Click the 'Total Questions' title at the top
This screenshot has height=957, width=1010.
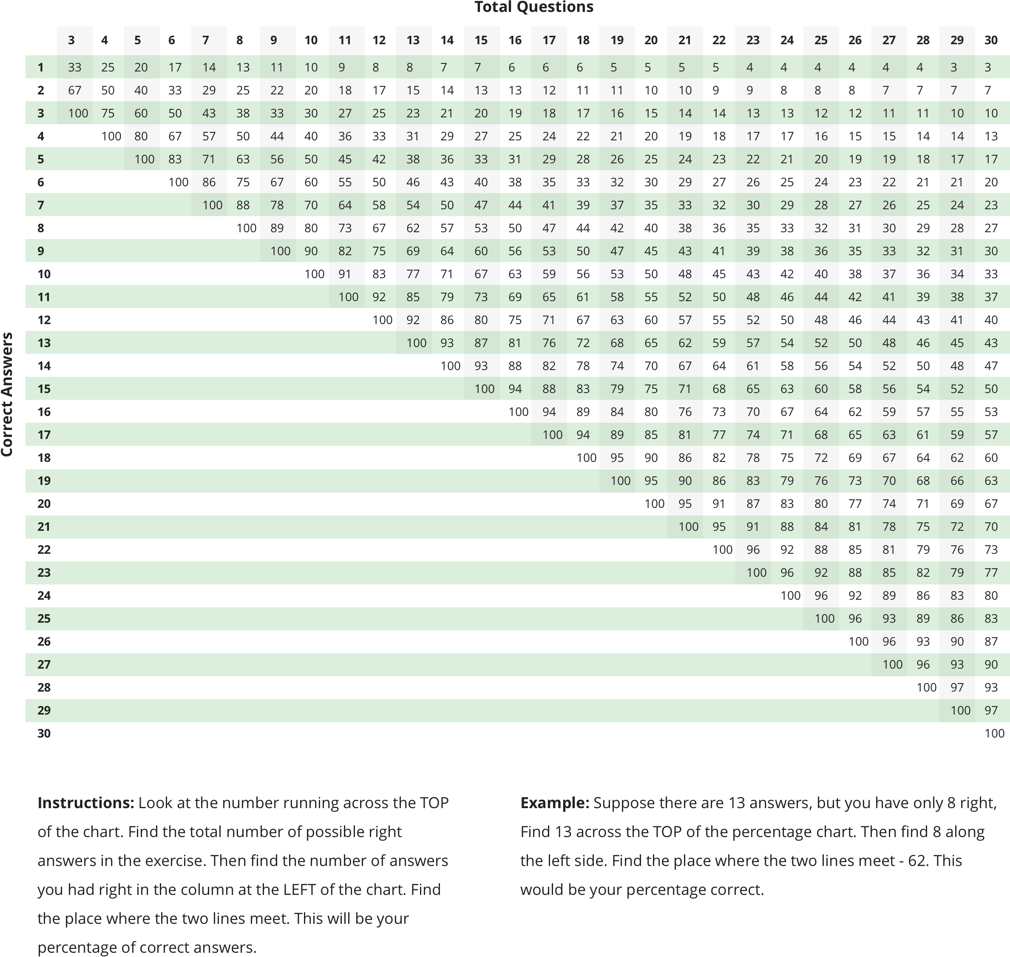(534, 7)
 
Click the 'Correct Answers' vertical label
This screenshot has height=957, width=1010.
(7, 394)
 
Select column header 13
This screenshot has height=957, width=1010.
(413, 40)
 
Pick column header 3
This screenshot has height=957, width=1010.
(71, 40)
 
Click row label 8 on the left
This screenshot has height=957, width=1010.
(40, 228)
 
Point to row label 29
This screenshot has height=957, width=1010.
(44, 710)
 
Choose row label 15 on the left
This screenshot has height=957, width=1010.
(44, 389)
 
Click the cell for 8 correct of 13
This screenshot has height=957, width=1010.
(413, 228)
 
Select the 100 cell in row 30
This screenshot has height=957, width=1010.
(994, 733)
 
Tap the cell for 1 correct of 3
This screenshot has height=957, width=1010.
(74, 67)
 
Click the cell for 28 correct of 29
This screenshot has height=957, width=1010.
(957, 687)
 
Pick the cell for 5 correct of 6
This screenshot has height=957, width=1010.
(175, 159)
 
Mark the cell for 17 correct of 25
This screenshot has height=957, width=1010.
(821, 435)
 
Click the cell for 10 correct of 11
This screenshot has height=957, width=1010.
(345, 274)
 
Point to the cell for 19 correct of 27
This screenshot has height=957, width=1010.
(889, 481)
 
